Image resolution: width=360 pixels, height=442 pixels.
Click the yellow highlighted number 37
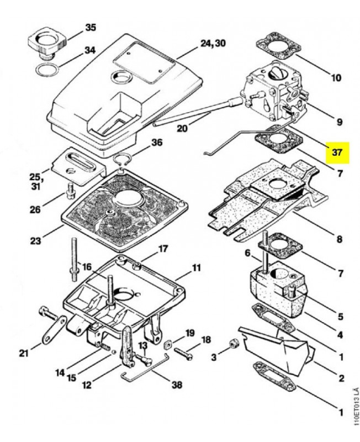(x=337, y=152)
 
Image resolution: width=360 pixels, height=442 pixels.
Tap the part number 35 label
(x=91, y=28)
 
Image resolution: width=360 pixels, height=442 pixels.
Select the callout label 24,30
(x=213, y=44)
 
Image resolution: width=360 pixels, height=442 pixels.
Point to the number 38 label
(x=177, y=385)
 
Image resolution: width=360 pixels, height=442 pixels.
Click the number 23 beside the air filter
(x=35, y=240)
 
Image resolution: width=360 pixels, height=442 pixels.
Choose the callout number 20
(x=182, y=129)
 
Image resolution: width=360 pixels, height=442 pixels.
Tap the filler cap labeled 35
(x=47, y=43)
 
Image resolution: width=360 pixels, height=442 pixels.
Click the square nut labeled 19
(x=168, y=344)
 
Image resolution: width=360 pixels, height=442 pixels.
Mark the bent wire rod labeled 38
(x=144, y=370)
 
